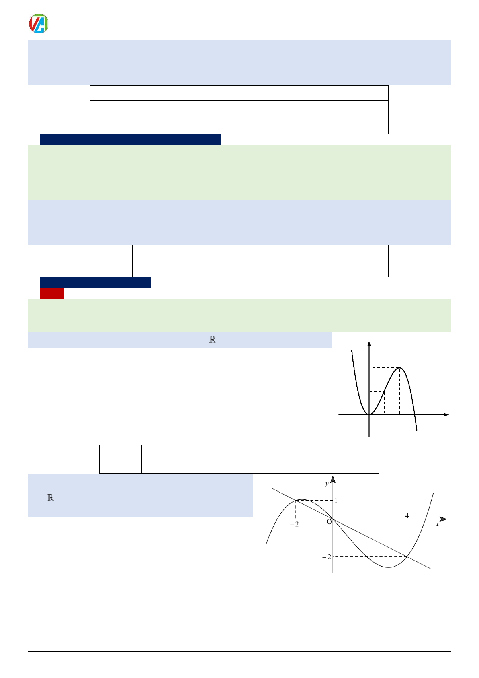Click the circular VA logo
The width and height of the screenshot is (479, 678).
[39, 23]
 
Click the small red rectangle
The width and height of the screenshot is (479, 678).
[52, 294]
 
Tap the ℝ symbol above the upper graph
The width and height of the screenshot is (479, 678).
[213, 340]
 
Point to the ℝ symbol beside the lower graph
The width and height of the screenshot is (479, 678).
[51, 498]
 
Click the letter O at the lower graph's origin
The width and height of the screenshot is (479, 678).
[329, 522]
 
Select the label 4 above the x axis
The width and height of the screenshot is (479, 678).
[407, 515]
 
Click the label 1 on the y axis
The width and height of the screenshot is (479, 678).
[336, 500]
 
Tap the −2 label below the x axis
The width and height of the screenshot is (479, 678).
[295, 524]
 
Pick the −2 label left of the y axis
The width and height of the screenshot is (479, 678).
[327, 557]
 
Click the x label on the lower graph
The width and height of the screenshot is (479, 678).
[437, 524]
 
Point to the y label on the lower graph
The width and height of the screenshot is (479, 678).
[327, 484]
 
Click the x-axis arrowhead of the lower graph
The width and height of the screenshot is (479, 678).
[444, 519]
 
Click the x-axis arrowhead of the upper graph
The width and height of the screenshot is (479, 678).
[446, 414]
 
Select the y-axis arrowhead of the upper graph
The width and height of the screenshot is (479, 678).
[369, 344]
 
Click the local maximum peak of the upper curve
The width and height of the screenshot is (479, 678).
[400, 368]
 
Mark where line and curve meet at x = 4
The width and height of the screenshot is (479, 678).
[407, 556]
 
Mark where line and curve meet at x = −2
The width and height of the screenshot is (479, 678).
[296, 501]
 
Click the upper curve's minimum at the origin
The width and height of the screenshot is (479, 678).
[369, 414]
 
